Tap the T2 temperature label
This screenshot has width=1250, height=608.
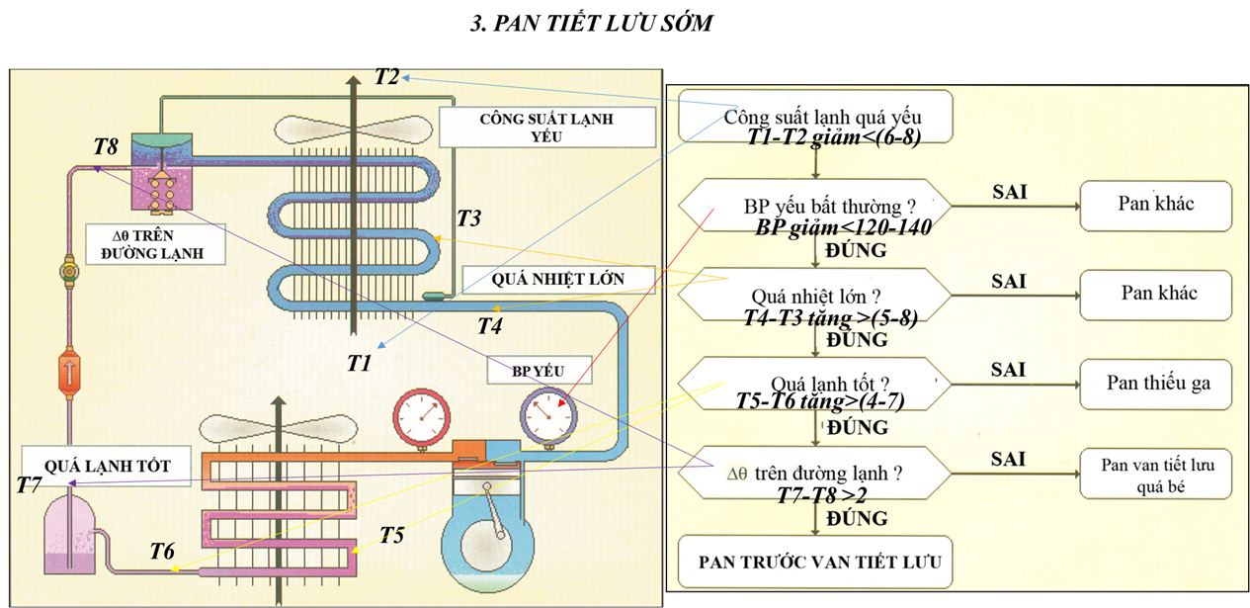pyautogui.click(x=387, y=76)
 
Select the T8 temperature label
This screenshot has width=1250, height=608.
pyautogui.click(x=106, y=146)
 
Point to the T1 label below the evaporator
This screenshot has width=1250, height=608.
pyautogui.click(x=359, y=364)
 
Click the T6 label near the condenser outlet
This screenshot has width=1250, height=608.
pyautogui.click(x=162, y=551)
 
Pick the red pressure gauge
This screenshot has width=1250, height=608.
pyautogui.click(x=416, y=415)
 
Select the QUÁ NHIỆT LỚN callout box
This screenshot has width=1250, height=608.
pyautogui.click(x=558, y=279)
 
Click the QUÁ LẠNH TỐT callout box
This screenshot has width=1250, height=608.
pyautogui.click(x=109, y=464)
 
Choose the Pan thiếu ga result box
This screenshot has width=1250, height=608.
pyautogui.click(x=1157, y=384)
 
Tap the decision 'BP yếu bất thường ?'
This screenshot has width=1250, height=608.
pyautogui.click(x=815, y=207)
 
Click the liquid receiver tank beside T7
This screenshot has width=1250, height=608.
pyautogui.click(x=70, y=534)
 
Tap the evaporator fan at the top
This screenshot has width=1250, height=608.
pyautogui.click(x=353, y=130)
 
